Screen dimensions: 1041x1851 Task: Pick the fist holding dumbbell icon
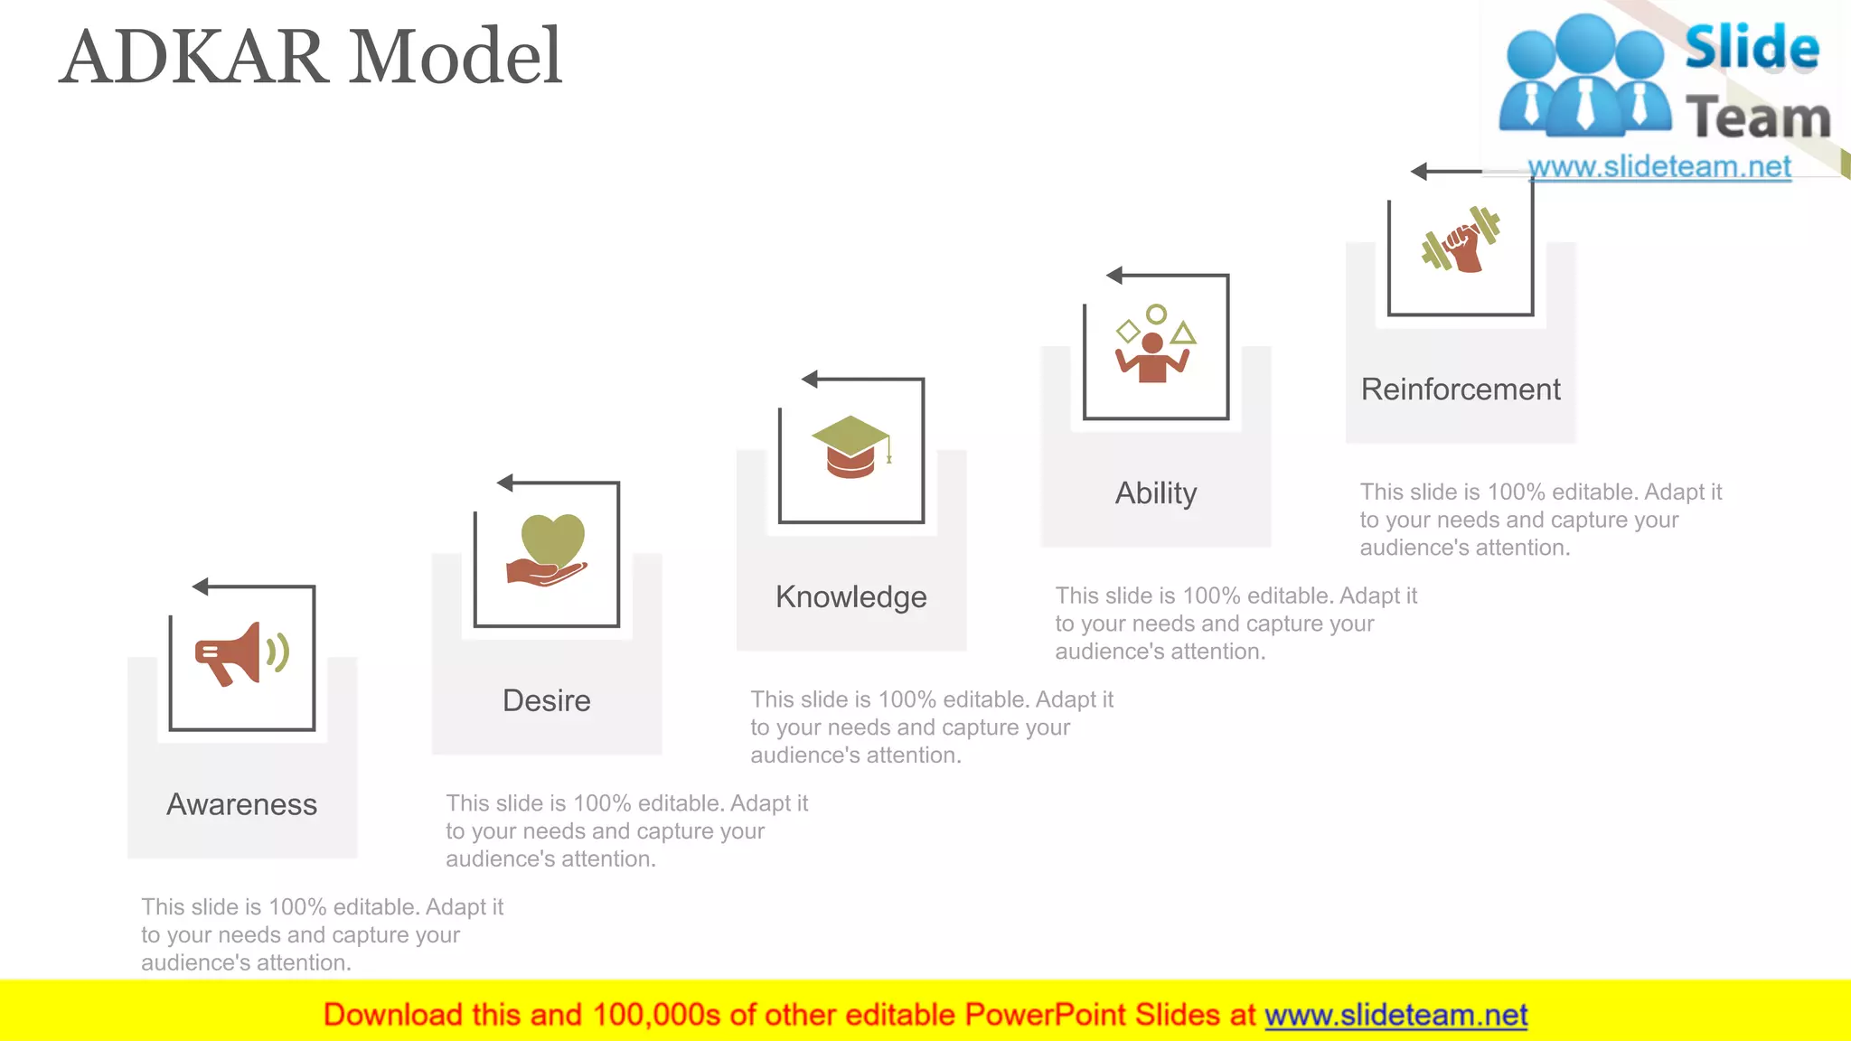pos(1461,240)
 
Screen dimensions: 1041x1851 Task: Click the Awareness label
pos(242,804)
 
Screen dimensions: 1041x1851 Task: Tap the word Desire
pos(547,700)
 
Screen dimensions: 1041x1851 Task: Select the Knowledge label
pos(851,596)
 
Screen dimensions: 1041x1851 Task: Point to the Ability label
pos(1156,493)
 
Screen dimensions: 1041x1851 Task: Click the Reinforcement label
pos(1461,389)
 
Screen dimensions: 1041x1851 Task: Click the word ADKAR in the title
pos(194,57)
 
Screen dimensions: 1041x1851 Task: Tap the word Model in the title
pos(456,57)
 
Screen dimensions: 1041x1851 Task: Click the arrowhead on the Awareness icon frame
pos(201,587)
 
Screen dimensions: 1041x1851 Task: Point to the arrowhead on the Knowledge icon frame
pos(810,380)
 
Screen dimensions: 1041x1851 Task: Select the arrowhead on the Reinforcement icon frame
pos(1419,172)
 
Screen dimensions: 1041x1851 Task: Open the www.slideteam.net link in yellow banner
pos(1395,1015)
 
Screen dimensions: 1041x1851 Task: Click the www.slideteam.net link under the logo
pos(1659,167)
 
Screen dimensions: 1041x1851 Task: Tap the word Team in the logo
pos(1757,118)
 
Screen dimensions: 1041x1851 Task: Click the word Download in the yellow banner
pos(392,1015)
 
